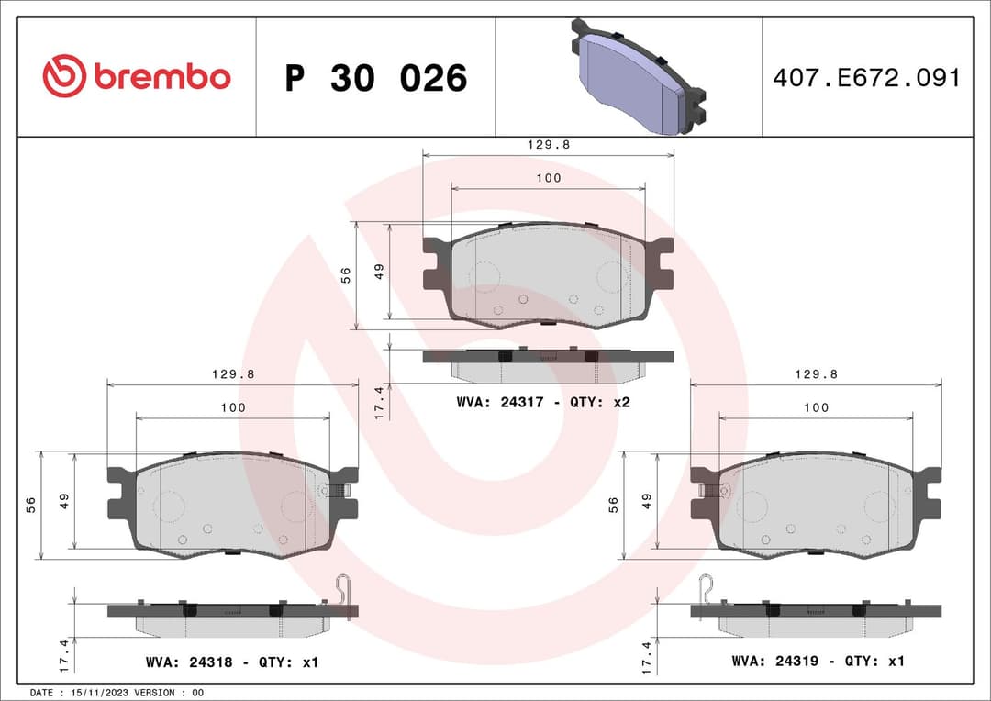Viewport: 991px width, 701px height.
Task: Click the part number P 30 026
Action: [375, 79]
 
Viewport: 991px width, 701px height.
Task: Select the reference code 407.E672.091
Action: [866, 78]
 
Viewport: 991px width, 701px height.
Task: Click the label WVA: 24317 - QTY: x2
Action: [543, 402]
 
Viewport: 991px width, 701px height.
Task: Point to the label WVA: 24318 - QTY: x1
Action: [232, 662]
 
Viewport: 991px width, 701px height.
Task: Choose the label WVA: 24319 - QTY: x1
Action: [818, 661]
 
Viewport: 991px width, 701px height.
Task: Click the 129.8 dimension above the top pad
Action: [549, 145]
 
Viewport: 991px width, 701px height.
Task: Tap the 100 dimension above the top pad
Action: [549, 178]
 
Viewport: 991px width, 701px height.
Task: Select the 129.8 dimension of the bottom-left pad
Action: [233, 373]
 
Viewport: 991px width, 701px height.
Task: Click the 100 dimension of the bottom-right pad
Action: [816, 407]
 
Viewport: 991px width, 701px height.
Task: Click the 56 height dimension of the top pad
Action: [347, 275]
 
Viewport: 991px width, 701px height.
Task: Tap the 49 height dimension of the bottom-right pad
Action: [647, 502]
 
